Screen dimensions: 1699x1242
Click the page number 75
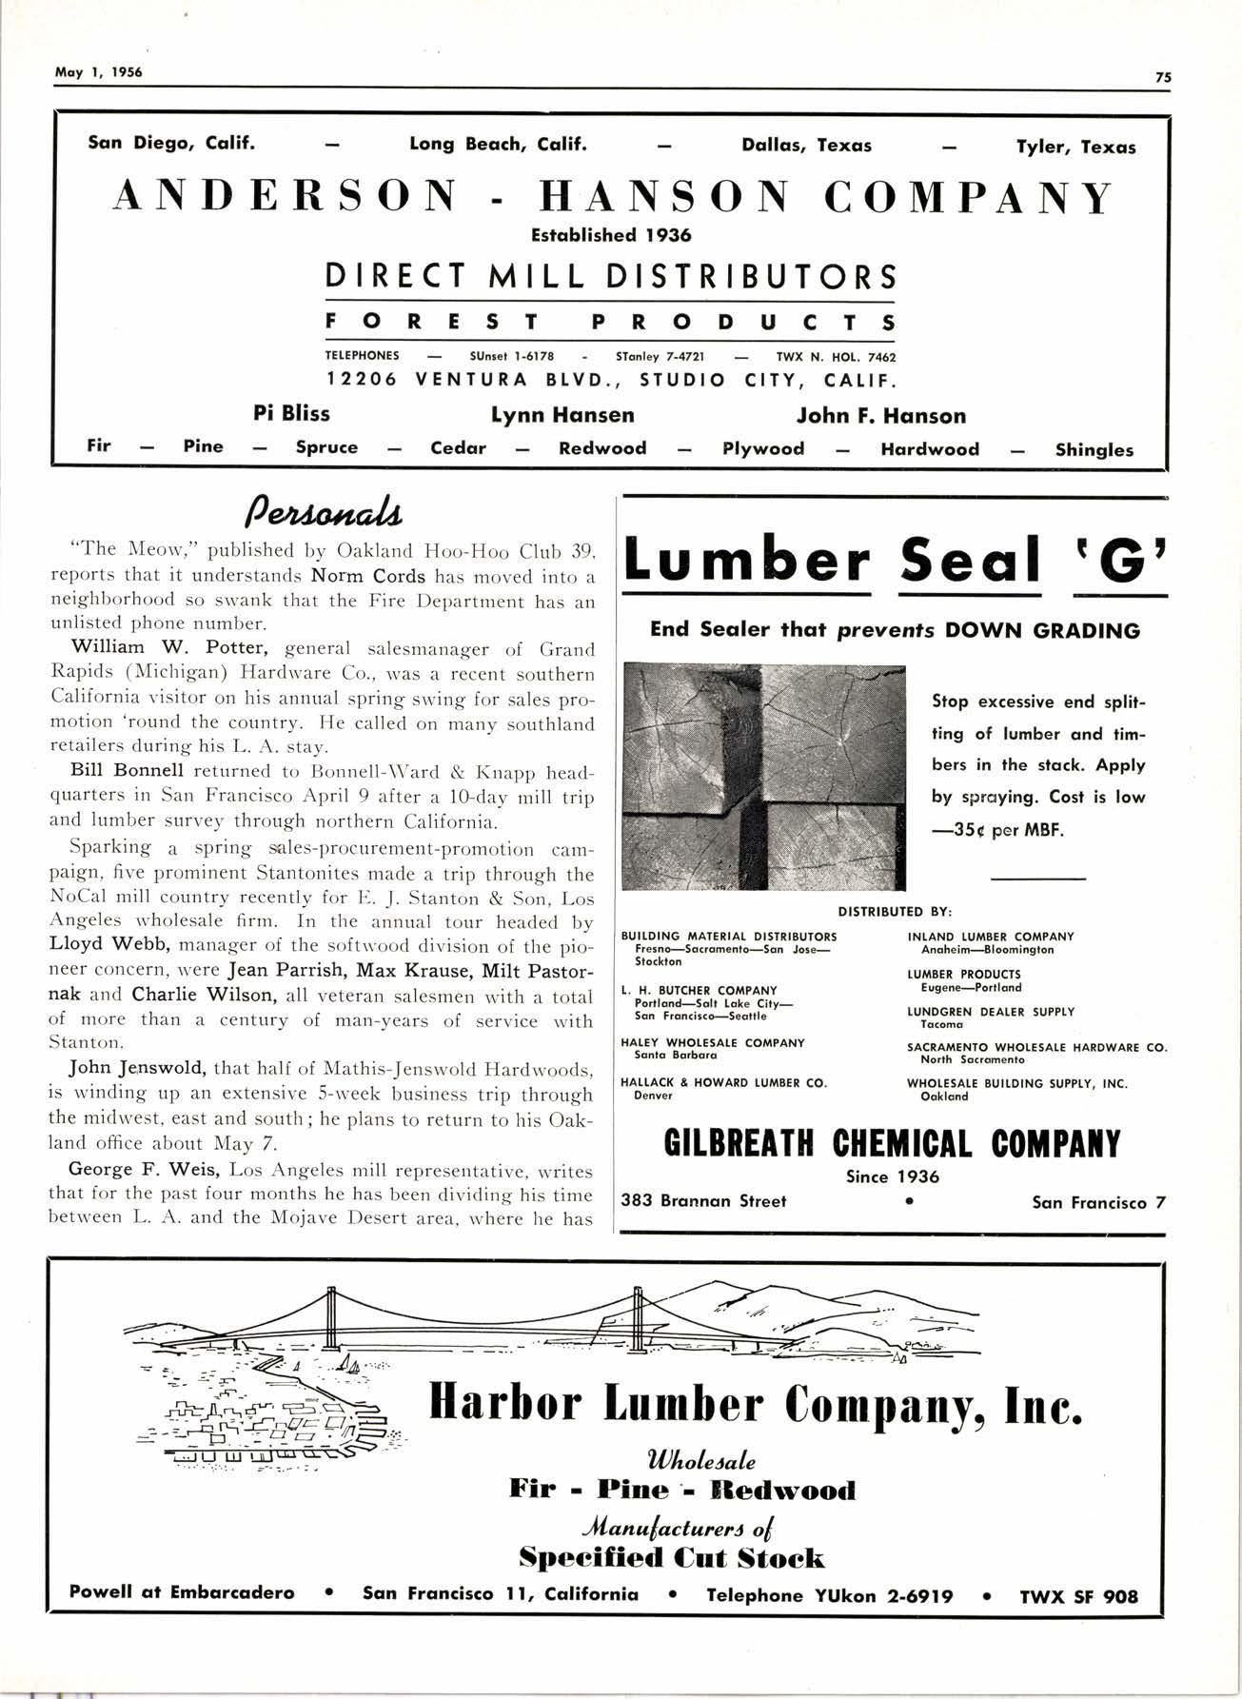pyautogui.click(x=1163, y=79)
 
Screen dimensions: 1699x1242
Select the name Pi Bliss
pyautogui.click(x=291, y=414)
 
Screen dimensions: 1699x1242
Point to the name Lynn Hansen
pyautogui.click(x=562, y=415)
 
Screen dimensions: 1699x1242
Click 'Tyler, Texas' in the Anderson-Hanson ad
pyautogui.click(x=1075, y=148)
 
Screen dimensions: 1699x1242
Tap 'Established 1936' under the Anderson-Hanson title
pyautogui.click(x=610, y=235)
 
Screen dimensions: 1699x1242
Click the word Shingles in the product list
pyautogui.click(x=1094, y=450)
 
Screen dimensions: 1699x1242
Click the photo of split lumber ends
pyautogui.click(x=763, y=776)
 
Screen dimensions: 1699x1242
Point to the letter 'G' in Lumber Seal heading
pyautogui.click(x=1119, y=562)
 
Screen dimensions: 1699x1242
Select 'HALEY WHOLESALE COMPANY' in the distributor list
pyautogui.click(x=712, y=1043)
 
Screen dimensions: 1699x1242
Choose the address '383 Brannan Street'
pyautogui.click(x=703, y=1201)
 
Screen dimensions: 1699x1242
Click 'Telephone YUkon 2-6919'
pyautogui.click(x=829, y=1595)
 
